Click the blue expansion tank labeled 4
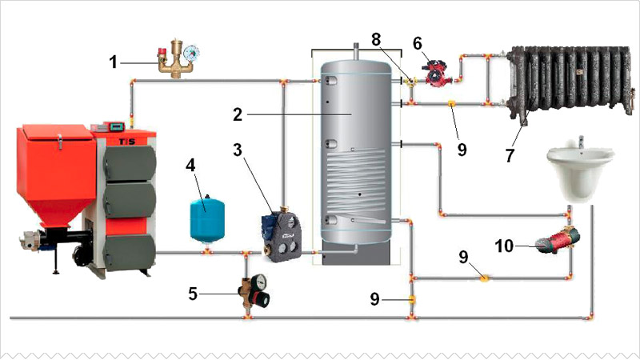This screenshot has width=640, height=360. [205, 215]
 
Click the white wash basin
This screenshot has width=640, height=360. [580, 174]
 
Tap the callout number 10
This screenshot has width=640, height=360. [504, 246]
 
